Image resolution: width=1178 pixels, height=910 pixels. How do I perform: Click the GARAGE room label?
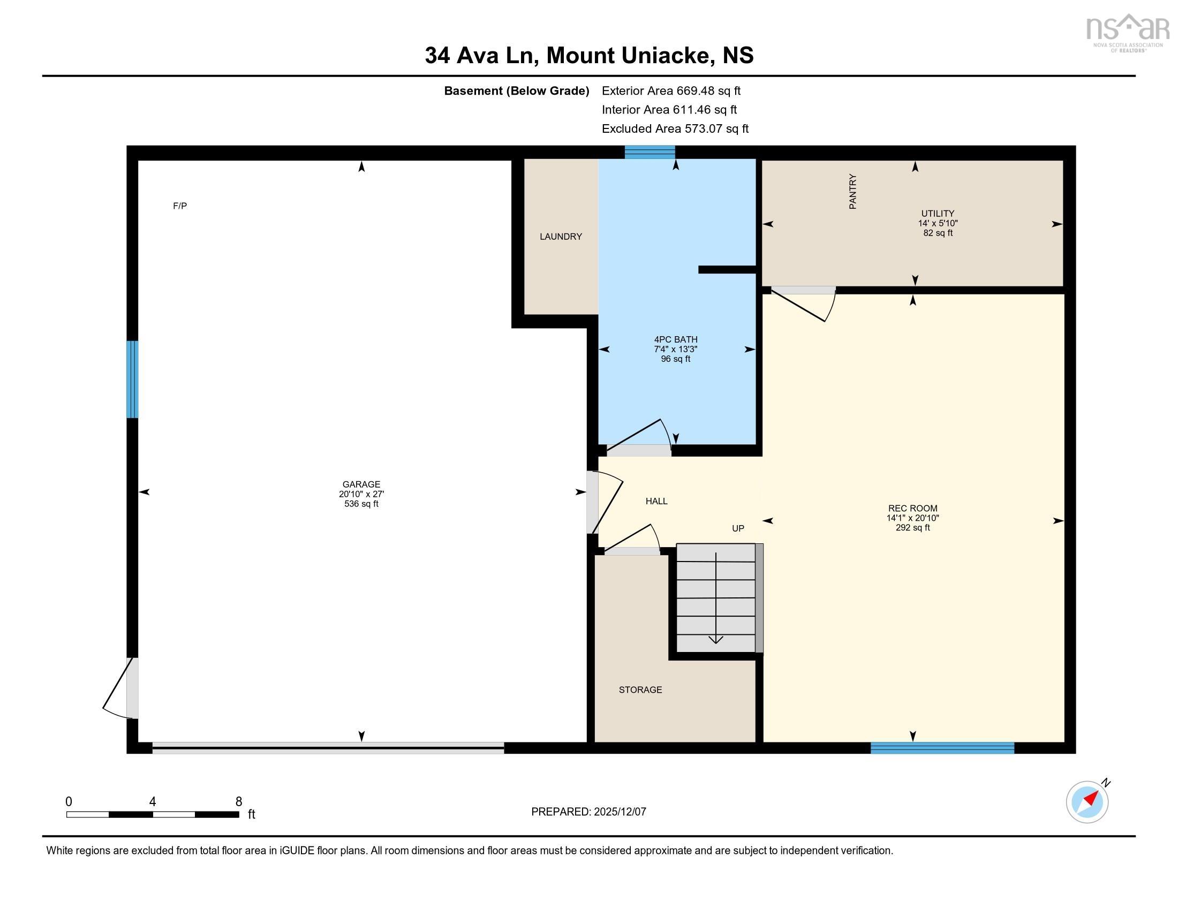tap(361, 484)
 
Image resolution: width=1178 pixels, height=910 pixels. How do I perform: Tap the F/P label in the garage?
tap(179, 206)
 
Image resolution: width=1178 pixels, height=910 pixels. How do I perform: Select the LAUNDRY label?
tap(561, 237)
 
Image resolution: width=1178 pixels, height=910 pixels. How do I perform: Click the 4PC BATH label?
tap(675, 339)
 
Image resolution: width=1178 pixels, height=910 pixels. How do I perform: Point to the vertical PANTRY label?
tap(853, 192)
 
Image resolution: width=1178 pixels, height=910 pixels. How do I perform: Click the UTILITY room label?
tap(938, 214)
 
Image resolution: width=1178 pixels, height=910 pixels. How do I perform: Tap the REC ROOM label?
tap(912, 509)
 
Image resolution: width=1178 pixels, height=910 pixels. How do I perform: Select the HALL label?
tap(656, 502)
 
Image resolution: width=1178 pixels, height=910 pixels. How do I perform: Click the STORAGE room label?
tap(640, 689)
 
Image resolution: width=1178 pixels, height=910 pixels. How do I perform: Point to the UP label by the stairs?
tap(738, 528)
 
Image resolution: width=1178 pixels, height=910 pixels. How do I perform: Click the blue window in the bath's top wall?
tap(650, 152)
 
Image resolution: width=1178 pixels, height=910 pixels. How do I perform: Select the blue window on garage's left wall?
tap(132, 379)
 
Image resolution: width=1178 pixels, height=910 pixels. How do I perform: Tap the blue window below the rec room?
tap(942, 748)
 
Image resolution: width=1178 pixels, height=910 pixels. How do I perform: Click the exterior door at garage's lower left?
tap(125, 688)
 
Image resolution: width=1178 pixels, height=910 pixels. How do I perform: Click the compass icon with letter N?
tap(1088, 802)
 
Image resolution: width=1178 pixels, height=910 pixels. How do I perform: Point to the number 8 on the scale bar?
tap(238, 802)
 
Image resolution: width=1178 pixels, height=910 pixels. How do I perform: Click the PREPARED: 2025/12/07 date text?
tap(588, 812)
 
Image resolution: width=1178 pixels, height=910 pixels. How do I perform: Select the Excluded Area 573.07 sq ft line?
tap(675, 129)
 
